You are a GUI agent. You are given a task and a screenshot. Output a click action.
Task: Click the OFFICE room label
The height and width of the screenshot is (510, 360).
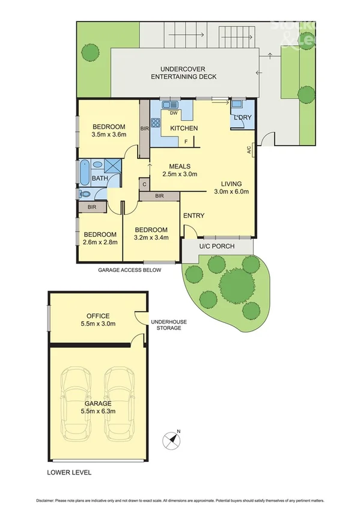pos(97,316)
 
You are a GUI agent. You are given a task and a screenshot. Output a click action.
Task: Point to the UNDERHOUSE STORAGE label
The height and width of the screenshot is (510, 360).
pos(168,325)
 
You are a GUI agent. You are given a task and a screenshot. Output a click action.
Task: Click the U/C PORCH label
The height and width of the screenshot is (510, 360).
pos(217,247)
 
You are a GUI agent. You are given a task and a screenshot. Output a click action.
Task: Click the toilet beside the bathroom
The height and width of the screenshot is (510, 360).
pos(84,194)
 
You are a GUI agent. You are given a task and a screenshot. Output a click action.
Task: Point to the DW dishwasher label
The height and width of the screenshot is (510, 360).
pos(173,113)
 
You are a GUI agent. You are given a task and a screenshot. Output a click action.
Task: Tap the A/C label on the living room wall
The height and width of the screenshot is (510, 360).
pos(249,151)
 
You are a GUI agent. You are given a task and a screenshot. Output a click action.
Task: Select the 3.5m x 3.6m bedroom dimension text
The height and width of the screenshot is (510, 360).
pos(108,135)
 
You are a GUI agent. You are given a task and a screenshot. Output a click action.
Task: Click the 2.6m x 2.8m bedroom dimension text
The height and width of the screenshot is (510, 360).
pos(100,242)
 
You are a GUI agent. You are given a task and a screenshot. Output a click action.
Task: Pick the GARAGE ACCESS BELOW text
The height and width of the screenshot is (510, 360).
pos(130,271)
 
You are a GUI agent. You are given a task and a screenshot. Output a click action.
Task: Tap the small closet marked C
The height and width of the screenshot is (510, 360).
pos(144,185)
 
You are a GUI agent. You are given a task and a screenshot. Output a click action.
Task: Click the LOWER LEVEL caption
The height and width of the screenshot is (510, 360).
pos(70,473)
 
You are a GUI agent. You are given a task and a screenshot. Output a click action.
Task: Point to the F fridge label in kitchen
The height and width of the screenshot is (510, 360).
pos(186,141)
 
